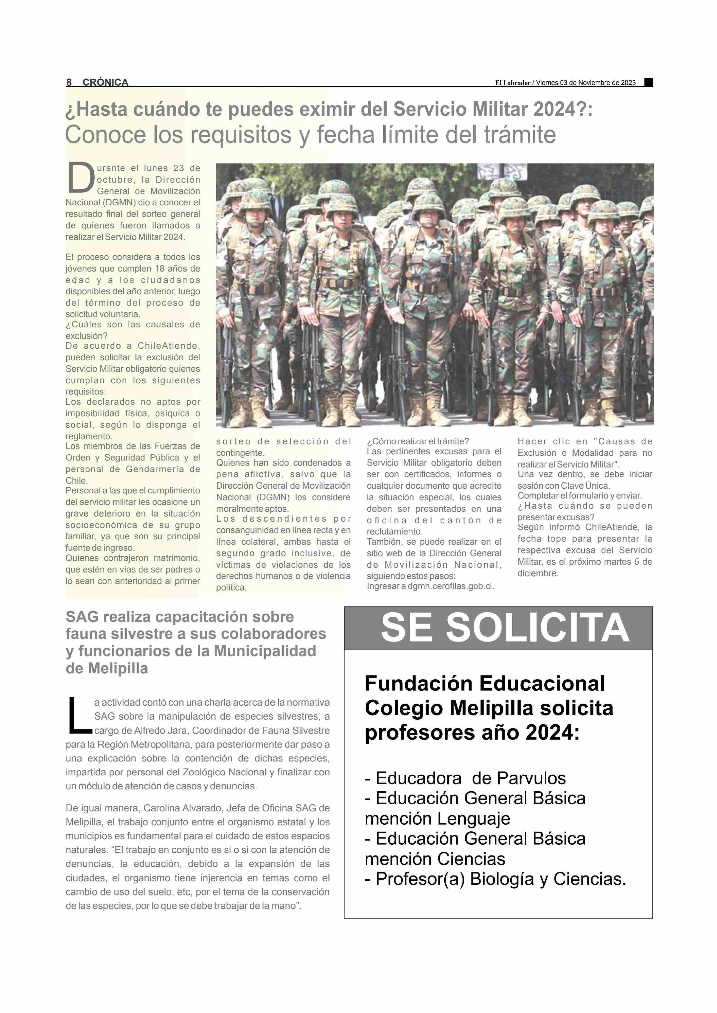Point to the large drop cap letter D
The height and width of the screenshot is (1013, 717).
[81, 178]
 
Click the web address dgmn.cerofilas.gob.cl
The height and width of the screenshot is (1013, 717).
[450, 586]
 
